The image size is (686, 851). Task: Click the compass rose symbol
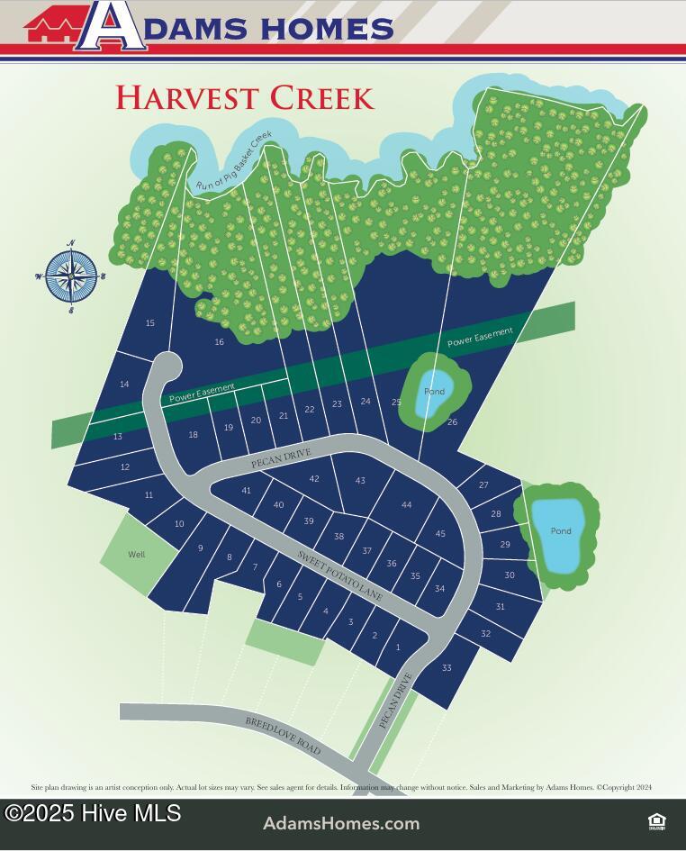point(71,276)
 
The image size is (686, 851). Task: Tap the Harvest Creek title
point(244,97)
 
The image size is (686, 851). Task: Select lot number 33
point(447,668)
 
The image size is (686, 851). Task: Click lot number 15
point(150,323)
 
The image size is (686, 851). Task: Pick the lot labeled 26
point(452,421)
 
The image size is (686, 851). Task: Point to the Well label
point(136,555)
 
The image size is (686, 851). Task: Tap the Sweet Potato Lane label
point(341,577)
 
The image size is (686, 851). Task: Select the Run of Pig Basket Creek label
point(234,161)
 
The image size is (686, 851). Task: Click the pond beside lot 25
point(434,392)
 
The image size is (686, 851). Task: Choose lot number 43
point(360,481)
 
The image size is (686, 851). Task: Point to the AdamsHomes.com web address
point(341,823)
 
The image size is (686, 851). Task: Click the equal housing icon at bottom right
point(656,820)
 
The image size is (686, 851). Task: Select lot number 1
point(397,647)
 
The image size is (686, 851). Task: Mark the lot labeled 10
point(179,524)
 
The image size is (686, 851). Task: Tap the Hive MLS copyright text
point(93,813)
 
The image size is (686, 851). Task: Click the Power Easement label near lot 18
point(202,393)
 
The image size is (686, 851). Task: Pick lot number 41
point(246,490)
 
